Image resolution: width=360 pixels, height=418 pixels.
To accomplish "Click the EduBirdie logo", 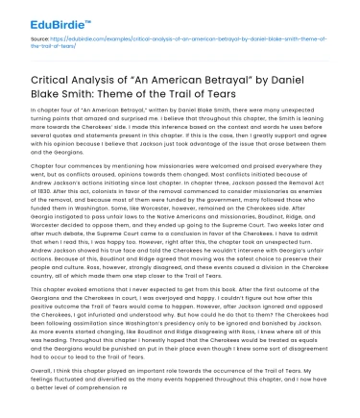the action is (x=44, y=13).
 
